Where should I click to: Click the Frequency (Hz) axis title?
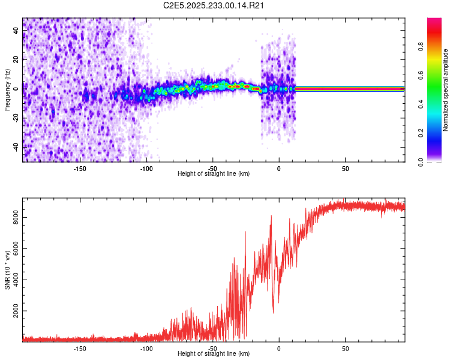click(x=7, y=89)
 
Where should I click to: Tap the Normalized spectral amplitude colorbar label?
click(x=445, y=90)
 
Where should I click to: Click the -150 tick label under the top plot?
click(x=80, y=168)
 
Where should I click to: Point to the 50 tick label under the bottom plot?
click(x=345, y=348)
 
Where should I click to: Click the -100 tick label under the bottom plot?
click(x=146, y=348)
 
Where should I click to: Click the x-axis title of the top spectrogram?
click(x=214, y=174)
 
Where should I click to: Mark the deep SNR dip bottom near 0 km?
click(x=274, y=312)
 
